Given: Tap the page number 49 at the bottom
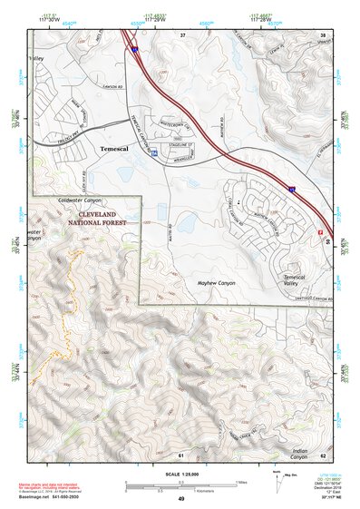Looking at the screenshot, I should tap(180, 499).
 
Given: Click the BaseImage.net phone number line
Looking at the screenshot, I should tap(50, 500).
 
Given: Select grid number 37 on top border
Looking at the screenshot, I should tap(182, 34).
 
